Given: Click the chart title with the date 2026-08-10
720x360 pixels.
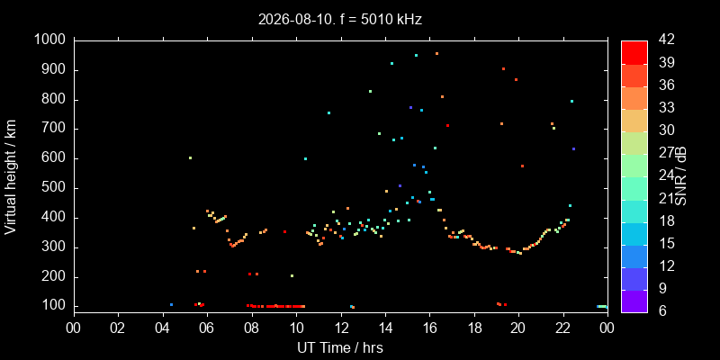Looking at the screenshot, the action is pos(340,19).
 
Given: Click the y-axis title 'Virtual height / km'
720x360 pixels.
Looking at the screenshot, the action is pos(11,176).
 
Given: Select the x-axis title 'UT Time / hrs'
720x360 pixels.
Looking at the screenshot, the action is pos(340,347).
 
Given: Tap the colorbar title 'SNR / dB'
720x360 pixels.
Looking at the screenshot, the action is pos(680,176).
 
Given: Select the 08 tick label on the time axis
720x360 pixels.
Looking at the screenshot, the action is pos(252,328).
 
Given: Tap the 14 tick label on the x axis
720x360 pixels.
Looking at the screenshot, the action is pos(385,328).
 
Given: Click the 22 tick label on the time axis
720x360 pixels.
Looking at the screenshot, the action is pos(563,328).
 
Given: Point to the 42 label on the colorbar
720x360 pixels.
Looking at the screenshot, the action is pos(666,40).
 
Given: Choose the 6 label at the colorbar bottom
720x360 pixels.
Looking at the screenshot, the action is pos(661,310).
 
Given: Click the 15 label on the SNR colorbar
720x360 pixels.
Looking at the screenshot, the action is pos(666,243).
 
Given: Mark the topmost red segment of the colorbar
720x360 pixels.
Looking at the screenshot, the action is pos(634,53).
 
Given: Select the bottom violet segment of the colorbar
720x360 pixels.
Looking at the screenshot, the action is pos(634,301).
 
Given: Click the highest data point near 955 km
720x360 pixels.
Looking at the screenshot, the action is pos(436,54).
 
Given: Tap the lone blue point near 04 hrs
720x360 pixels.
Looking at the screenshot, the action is pos(171,304).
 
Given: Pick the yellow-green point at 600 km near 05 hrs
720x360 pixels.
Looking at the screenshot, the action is pos(190,158).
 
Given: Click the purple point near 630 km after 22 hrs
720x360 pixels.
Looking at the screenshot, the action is pos(573,148).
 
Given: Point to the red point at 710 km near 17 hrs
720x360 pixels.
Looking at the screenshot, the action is pos(447,125).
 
